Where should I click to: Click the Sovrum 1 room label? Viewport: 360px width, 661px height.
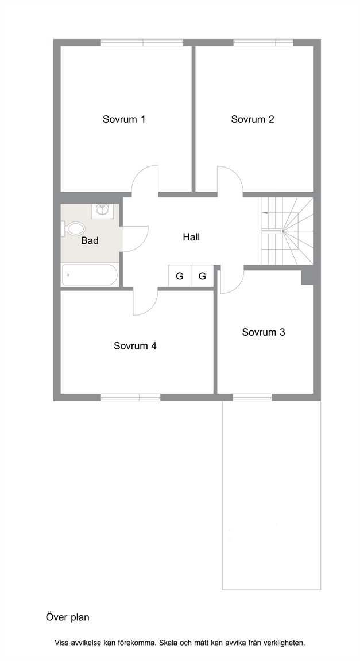(124, 119)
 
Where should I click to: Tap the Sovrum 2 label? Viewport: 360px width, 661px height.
(253, 119)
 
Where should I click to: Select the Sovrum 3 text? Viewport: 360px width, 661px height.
(264, 332)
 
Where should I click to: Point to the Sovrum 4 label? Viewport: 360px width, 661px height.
(135, 346)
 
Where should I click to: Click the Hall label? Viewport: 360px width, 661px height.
(191, 237)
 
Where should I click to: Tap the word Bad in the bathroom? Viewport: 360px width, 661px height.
(90, 241)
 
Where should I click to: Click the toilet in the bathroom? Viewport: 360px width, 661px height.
(73, 230)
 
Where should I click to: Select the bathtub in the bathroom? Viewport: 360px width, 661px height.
(90, 275)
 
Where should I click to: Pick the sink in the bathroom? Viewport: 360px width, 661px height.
(102, 209)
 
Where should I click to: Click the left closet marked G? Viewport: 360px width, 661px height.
(180, 276)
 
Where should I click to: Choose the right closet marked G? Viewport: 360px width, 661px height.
(203, 276)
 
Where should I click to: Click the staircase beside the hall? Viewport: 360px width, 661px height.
(287, 231)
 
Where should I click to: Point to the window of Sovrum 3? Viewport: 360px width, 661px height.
(252, 397)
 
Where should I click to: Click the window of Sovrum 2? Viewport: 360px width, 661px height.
(263, 42)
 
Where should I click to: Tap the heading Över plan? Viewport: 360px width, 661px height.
(68, 617)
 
